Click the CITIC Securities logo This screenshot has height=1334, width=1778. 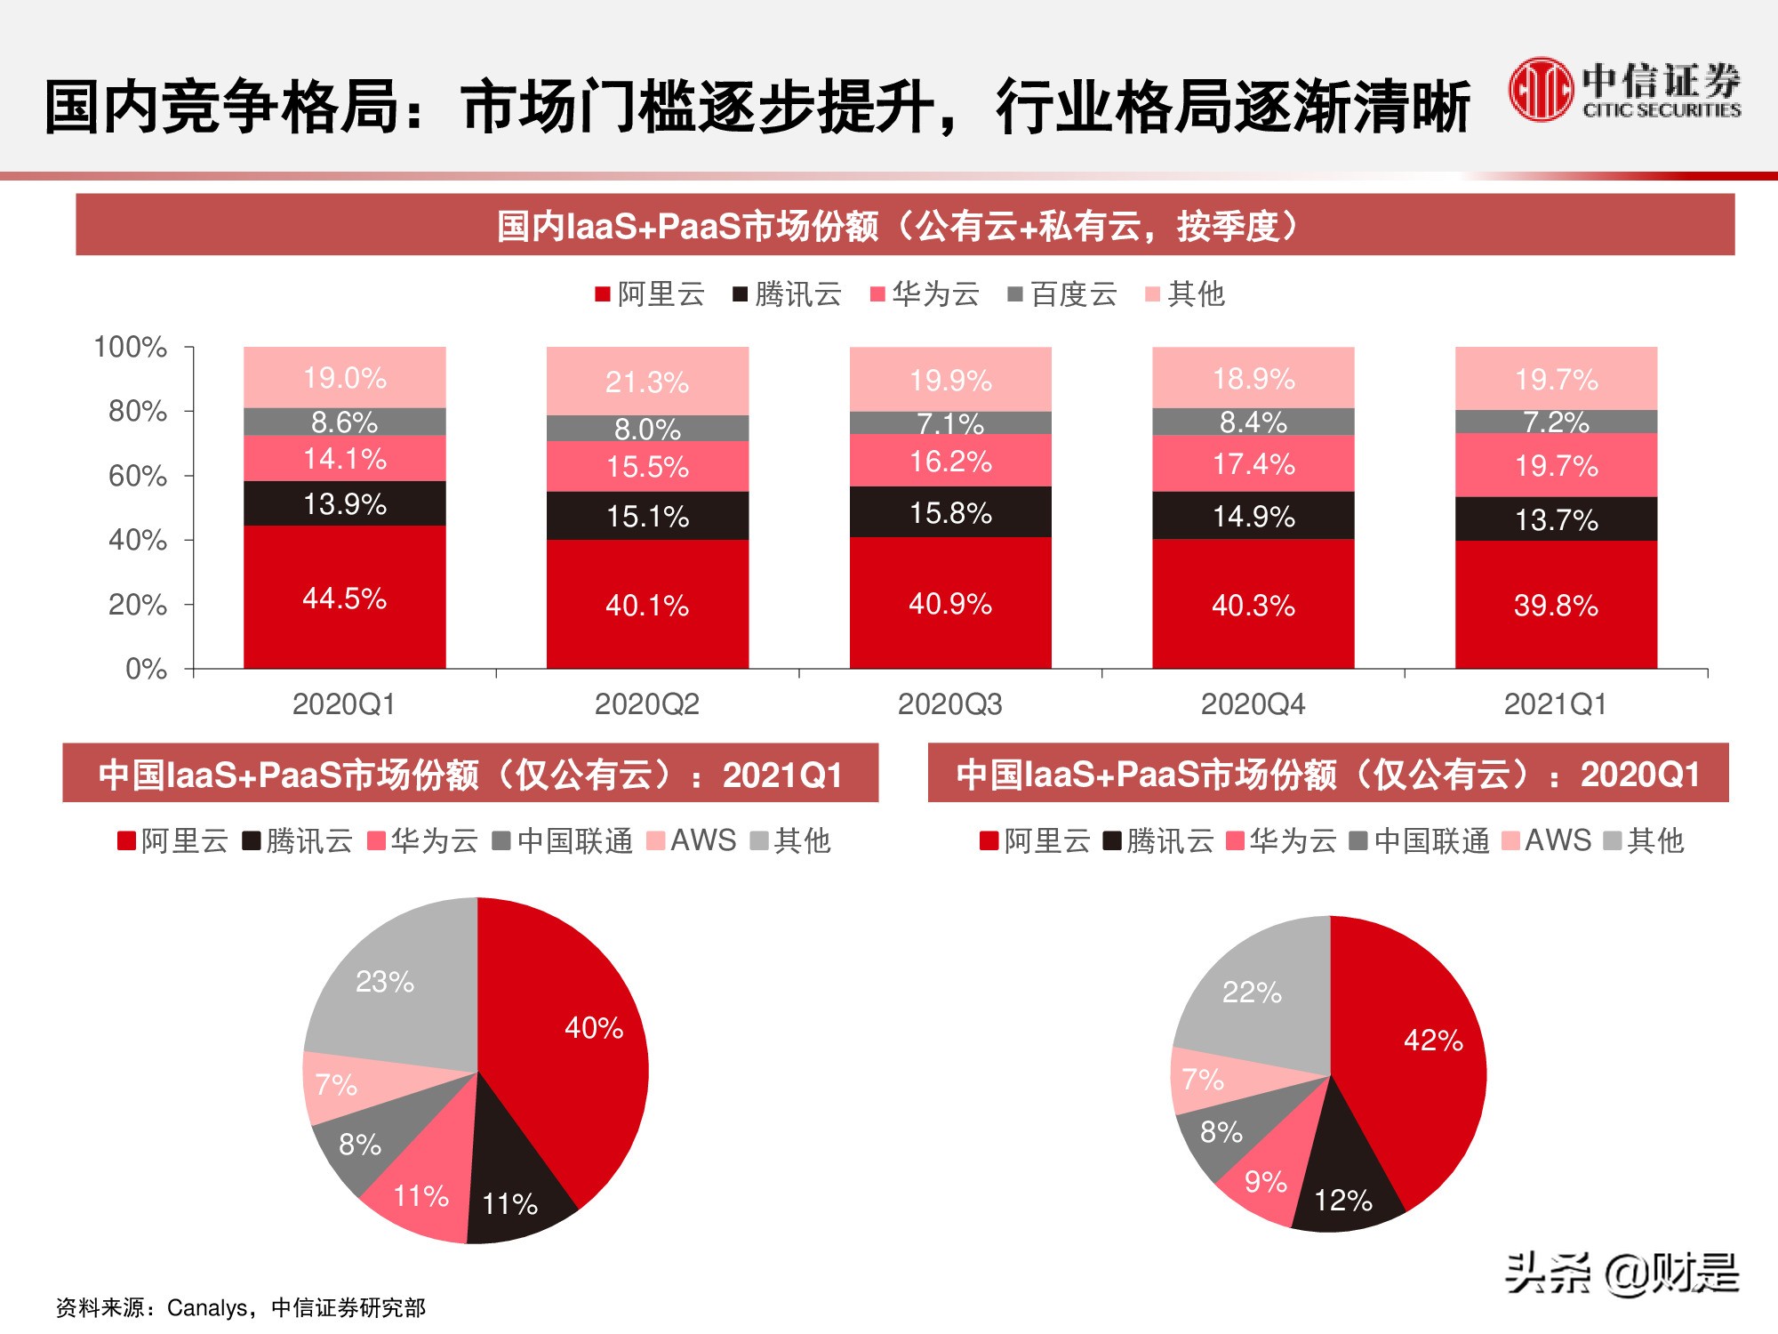pyautogui.click(x=1623, y=90)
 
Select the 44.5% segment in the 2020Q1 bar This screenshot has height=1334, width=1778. pyautogui.click(x=344, y=598)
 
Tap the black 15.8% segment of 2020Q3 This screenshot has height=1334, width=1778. pyautogui.click(x=949, y=512)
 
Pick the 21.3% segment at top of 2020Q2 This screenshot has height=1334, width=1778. pyautogui.click(x=646, y=382)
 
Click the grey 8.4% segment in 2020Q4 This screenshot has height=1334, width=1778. pyautogui.click(x=1253, y=422)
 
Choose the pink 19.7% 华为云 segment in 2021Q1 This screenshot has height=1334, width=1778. pyautogui.click(x=1556, y=465)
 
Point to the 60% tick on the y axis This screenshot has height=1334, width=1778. pyautogui.click(x=138, y=476)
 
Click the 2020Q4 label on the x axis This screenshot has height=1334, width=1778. pyautogui.click(x=1253, y=704)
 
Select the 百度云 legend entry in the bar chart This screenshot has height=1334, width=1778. pyautogui.click(x=1062, y=294)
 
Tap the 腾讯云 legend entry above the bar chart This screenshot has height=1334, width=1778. pyautogui.click(x=787, y=294)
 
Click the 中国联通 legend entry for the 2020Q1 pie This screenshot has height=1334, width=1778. pyautogui.click(x=1419, y=840)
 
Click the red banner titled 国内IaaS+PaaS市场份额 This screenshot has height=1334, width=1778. pyautogui.click(x=904, y=226)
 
